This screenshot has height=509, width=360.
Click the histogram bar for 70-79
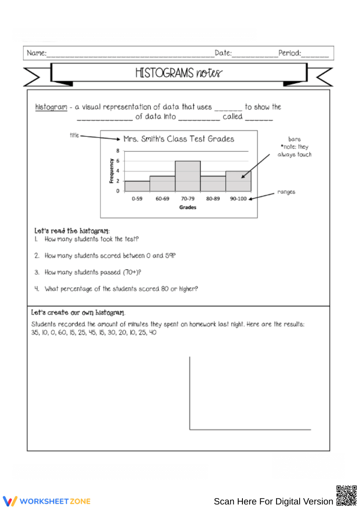(187, 176)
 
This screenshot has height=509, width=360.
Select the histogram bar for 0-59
(137, 186)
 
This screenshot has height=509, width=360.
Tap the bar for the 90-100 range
(238, 181)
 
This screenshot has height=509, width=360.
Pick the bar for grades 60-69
(162, 184)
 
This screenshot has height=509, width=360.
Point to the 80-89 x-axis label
(213, 199)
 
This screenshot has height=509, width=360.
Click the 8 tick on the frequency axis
(118, 151)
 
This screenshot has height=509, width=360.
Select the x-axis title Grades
(187, 207)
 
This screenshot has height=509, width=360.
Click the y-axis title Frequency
(111, 171)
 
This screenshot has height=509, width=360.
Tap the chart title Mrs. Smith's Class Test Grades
(179, 139)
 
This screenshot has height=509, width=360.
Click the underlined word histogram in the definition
(51, 107)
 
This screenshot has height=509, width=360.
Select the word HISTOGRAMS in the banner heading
(164, 73)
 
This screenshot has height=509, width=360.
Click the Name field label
(36, 53)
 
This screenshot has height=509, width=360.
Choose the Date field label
(223, 53)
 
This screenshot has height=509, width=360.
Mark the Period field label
(290, 53)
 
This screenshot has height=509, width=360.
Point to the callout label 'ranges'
(286, 192)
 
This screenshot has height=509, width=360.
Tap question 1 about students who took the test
(91, 239)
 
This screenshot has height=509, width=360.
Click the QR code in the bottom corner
(346, 495)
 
